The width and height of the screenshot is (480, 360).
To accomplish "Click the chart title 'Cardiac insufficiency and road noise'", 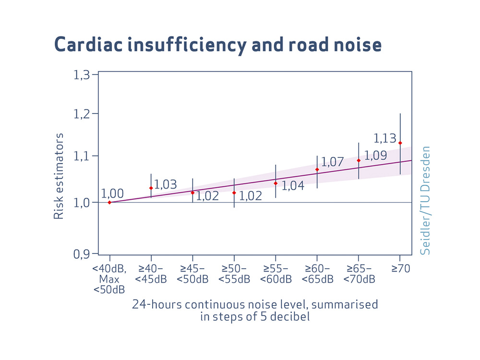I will tap(218, 45).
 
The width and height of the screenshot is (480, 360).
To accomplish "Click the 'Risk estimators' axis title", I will tap(59, 177).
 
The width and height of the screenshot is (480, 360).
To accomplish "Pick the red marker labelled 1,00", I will tap(110, 202).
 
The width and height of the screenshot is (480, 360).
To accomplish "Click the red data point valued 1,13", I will tap(400, 143).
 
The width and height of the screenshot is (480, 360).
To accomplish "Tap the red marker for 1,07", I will tap(317, 169).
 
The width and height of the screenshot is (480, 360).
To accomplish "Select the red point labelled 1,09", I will tap(359, 160).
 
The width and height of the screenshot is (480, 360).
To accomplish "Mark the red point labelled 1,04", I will tap(276, 183).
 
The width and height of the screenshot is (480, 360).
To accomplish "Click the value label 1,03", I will tap(165, 184).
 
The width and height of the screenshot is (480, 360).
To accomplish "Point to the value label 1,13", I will tap(385, 139).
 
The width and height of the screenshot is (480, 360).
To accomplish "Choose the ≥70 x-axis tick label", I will tap(400, 269).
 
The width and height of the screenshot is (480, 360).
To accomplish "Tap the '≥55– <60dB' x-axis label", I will tap(276, 274).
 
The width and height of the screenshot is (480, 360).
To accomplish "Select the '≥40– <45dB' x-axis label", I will tap(151, 274).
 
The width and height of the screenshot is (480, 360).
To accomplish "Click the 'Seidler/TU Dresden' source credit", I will tap(425, 200).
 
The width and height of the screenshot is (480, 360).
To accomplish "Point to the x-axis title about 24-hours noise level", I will tap(255, 310).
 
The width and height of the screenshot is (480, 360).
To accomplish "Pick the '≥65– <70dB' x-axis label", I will tap(359, 274).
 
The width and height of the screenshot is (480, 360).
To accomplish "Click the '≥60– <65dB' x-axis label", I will tap(317, 274).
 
